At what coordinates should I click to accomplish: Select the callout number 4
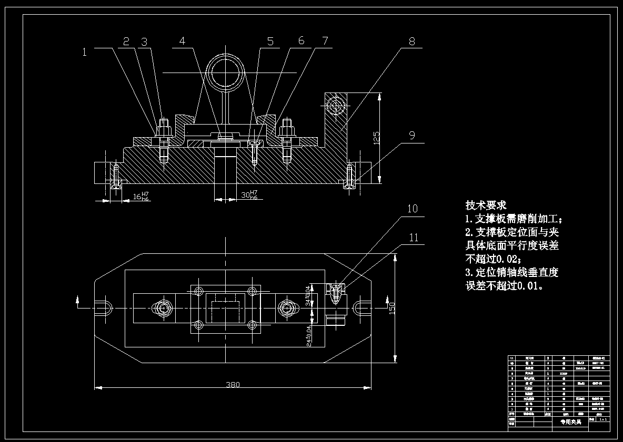coord(182,41)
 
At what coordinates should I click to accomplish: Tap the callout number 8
coord(411,42)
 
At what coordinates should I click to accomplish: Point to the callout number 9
coord(412,135)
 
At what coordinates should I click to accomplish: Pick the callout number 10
coord(412,209)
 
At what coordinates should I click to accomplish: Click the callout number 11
coord(413,238)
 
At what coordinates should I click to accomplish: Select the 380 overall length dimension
coord(233,384)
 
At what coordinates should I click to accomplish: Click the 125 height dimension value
coord(376,138)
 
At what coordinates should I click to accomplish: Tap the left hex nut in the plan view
coord(162,307)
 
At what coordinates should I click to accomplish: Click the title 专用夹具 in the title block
coord(570,422)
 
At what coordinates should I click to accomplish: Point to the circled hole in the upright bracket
coord(335,107)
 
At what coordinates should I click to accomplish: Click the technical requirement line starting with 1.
coord(517,219)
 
